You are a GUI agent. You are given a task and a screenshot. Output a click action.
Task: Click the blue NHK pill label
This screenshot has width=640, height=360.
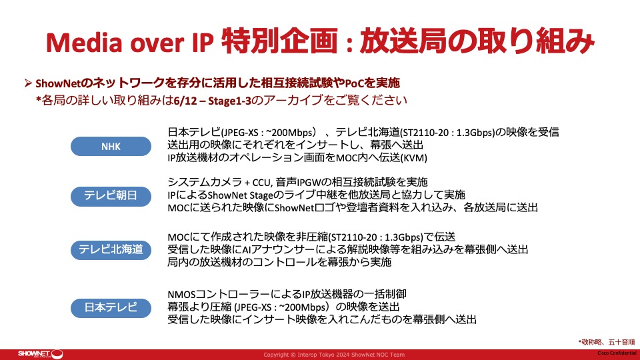pyautogui.click(x=111, y=146)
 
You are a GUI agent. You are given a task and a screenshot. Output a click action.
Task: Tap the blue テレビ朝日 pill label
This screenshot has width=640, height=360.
pyautogui.click(x=111, y=196)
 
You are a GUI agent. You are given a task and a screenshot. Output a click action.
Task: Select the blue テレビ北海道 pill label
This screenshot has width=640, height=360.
pyautogui.click(x=111, y=249)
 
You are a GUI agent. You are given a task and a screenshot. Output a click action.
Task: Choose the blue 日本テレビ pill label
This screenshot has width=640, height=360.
pyautogui.click(x=111, y=307)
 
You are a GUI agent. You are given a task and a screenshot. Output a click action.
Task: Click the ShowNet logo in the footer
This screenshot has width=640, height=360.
pyautogui.click(x=40, y=354)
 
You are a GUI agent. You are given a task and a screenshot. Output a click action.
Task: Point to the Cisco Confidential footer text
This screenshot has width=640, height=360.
pyautogui.click(x=617, y=353)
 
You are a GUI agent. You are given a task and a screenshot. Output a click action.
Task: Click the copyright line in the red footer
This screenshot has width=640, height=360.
pyautogui.click(x=334, y=355)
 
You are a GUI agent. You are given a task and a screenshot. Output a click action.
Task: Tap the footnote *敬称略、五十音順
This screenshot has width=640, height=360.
pyautogui.click(x=607, y=342)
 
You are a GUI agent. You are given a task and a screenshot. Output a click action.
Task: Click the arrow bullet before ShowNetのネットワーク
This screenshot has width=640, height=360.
pyautogui.click(x=28, y=83)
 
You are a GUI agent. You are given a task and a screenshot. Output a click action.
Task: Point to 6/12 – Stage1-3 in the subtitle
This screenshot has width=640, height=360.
pyautogui.click(x=212, y=101)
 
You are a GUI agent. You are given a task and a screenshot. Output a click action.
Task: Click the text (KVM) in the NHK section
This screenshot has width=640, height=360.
pyautogui.click(x=414, y=158)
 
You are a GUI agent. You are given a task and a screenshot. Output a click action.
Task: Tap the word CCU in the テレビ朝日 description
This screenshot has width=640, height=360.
pyautogui.click(x=261, y=183)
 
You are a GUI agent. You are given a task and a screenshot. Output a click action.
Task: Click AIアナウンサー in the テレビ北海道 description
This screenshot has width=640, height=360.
pyautogui.click(x=281, y=249)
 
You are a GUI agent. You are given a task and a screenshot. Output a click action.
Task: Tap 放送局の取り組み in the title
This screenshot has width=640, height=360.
pyautogui.click(x=476, y=41)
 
